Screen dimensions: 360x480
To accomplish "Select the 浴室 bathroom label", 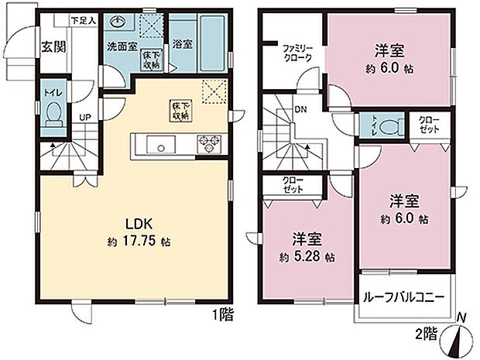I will [183, 46].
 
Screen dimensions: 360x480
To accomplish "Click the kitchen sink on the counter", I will [161, 143].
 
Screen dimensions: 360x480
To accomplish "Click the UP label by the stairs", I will [83, 118].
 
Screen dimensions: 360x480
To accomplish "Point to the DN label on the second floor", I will [300, 109].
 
